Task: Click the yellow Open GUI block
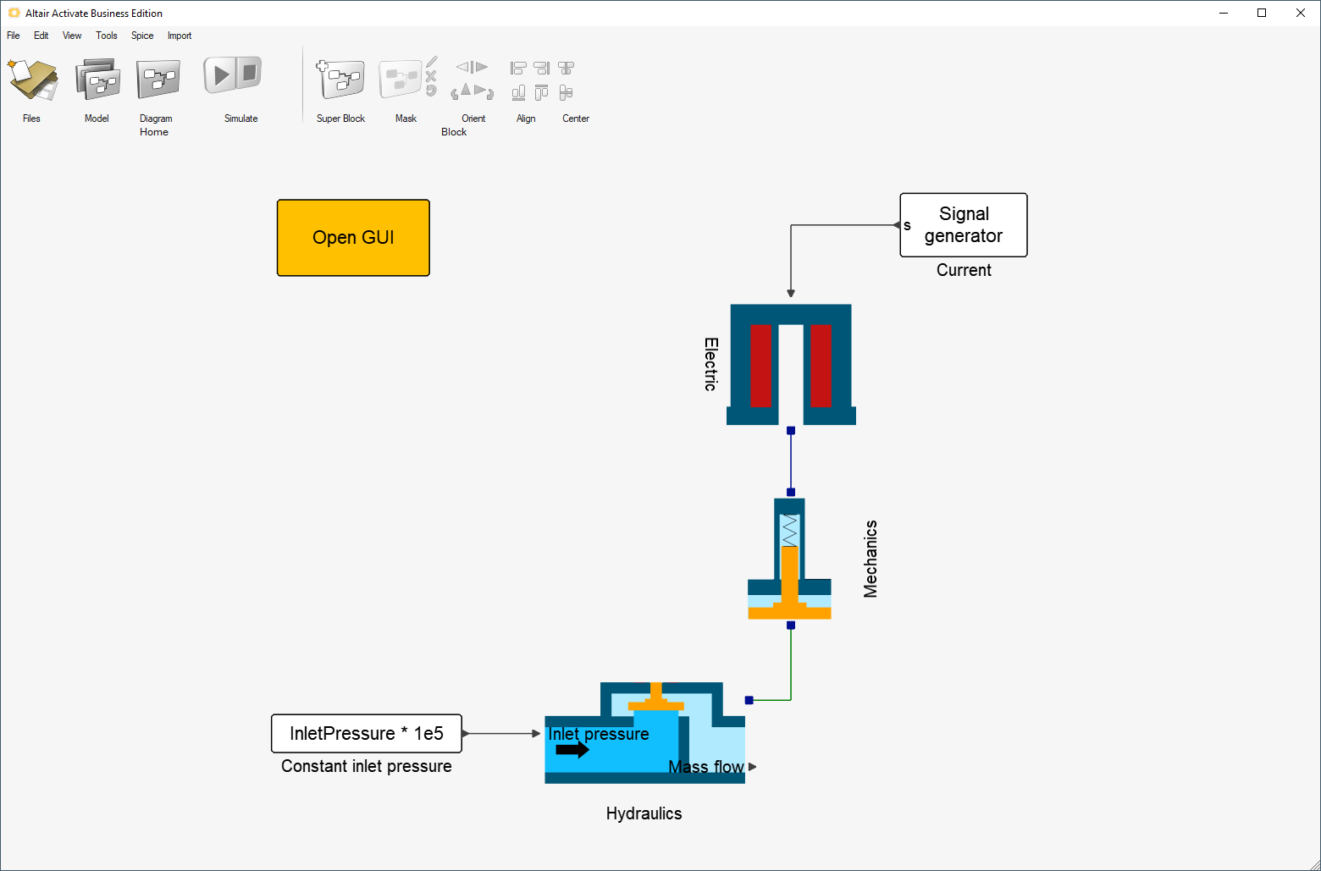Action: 353,238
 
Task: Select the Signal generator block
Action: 964,225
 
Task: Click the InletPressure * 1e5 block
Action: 367,734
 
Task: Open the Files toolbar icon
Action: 32,80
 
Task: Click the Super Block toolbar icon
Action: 340,80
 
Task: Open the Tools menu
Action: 107,36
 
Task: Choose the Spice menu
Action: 142,36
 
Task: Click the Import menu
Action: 180,36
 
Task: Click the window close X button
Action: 1301,13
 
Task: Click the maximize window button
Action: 1262,13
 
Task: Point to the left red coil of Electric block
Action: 760,366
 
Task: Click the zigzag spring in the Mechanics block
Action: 790,531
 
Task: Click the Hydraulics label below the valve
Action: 644,814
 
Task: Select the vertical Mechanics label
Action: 871,559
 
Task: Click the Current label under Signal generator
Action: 964,271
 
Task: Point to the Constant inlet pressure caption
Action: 367,767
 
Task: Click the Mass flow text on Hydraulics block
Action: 706,767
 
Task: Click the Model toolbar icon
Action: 97,80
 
